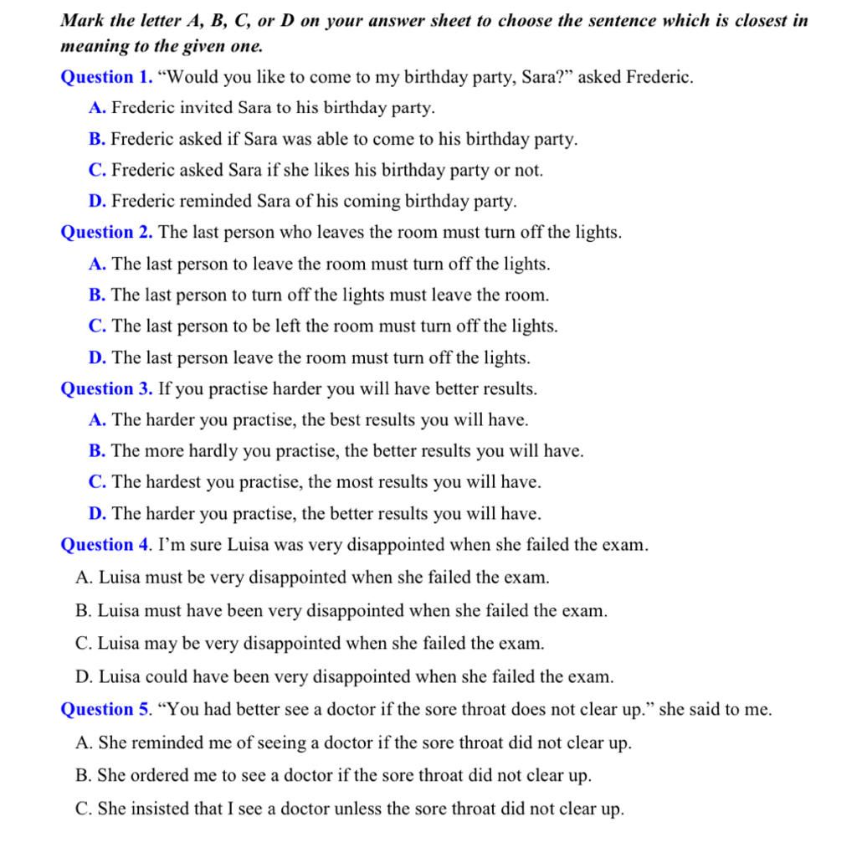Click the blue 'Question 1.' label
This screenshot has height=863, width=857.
pyautogui.click(x=106, y=78)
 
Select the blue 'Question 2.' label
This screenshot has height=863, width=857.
pyautogui.click(x=106, y=233)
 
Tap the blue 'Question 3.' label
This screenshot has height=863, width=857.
pyautogui.click(x=106, y=388)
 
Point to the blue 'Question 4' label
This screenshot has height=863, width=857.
pyautogui.click(x=105, y=545)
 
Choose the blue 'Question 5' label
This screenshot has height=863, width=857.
pyautogui.click(x=105, y=710)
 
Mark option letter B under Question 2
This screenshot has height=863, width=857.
pyautogui.click(x=96, y=295)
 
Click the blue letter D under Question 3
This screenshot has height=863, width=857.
pyautogui.click(x=97, y=513)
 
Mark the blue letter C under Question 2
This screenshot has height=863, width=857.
pyautogui.click(x=96, y=326)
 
